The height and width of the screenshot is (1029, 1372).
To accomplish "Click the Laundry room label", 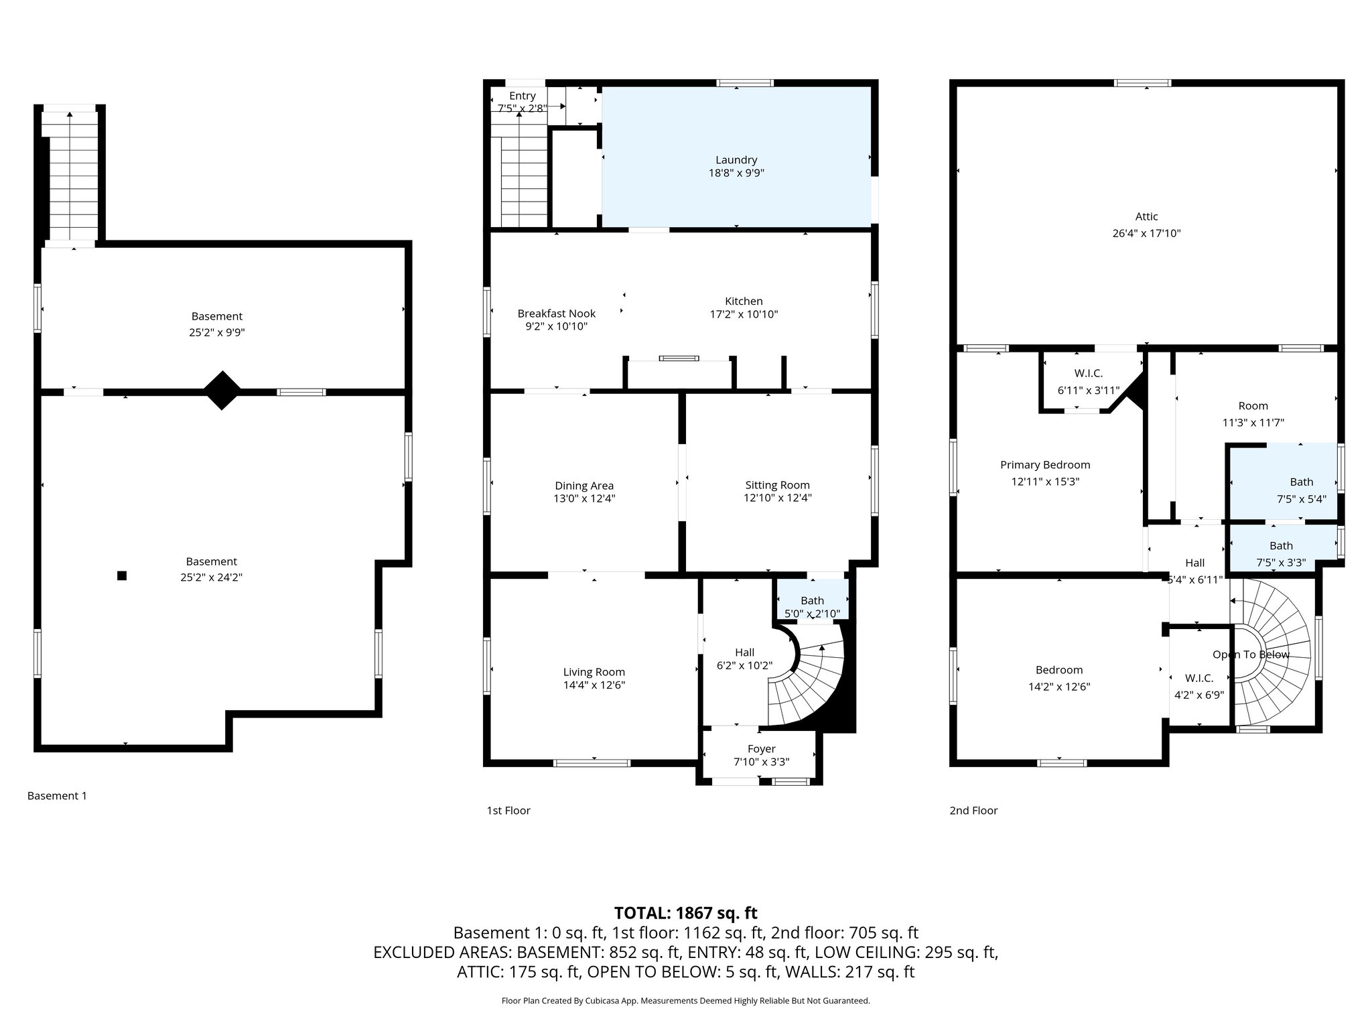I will [736, 160].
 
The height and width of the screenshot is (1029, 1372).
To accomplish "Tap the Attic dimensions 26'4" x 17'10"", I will [1146, 234].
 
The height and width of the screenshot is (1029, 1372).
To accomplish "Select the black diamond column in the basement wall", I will [222, 391].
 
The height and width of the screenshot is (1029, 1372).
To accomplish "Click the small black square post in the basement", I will [122, 575].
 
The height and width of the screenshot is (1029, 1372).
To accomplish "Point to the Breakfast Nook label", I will [556, 314].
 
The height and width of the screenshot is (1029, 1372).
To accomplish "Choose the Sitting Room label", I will [777, 485].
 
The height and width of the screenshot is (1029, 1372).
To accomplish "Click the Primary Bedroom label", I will [1045, 465].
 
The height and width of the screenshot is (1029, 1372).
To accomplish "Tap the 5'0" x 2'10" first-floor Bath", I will [812, 607].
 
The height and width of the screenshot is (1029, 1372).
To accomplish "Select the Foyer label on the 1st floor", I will [761, 749].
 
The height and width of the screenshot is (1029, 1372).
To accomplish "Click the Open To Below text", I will [1251, 655].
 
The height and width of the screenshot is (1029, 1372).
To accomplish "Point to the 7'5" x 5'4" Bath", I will [1301, 490].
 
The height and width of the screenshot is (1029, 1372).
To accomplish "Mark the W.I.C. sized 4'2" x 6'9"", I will [1199, 687].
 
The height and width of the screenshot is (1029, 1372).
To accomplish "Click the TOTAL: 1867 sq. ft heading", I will [685, 912].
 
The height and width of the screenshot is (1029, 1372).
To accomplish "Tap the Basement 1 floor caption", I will [57, 796].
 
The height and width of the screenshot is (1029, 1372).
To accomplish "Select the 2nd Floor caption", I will [973, 811].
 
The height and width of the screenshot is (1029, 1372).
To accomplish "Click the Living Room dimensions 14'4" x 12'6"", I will [594, 685].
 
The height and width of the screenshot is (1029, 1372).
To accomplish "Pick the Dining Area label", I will [584, 486].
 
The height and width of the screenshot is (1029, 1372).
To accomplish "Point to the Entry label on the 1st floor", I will [523, 96].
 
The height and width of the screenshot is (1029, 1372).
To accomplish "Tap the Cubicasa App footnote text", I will [685, 1001].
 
